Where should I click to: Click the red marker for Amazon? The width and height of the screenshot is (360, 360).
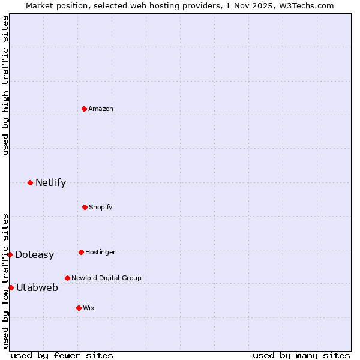85,109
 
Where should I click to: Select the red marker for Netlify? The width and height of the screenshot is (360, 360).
30,182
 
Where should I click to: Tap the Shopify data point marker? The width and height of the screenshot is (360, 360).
85,207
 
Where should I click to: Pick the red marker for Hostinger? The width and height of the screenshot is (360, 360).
81,252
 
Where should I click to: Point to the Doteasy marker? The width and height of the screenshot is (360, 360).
10,254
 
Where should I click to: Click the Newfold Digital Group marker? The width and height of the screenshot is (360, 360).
67,278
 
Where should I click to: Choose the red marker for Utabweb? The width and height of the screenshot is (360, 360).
11,287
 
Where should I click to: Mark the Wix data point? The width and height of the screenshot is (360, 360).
79,308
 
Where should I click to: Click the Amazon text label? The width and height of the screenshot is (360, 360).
101,109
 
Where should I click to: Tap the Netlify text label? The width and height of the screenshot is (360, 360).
50,182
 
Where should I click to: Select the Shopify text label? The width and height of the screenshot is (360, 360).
101,207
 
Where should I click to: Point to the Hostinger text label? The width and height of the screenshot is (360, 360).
100,252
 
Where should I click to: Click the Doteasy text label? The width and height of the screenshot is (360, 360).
34,254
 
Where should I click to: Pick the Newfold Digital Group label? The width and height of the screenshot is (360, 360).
106,278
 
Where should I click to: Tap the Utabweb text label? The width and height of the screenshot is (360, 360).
37,287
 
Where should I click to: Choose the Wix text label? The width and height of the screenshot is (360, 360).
89,308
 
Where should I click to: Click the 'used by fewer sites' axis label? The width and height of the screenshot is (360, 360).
62,355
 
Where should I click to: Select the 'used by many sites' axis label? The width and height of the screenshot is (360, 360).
301,355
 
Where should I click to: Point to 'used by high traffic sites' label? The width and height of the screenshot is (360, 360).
5,85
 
